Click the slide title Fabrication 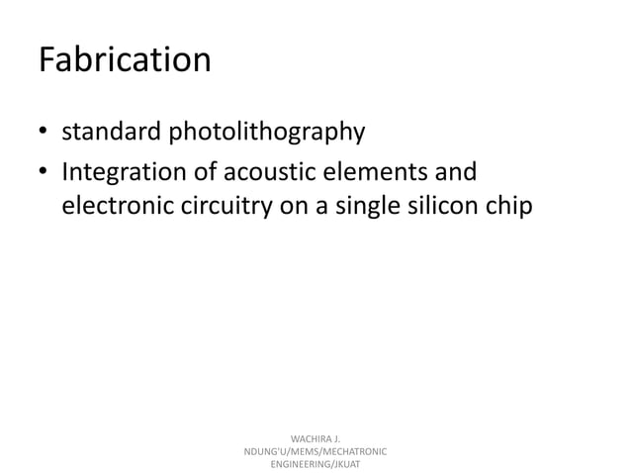click(125, 60)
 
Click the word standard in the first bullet click(109, 131)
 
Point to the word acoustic click(260, 173)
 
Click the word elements click(375, 173)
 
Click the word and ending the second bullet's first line click(455, 173)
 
